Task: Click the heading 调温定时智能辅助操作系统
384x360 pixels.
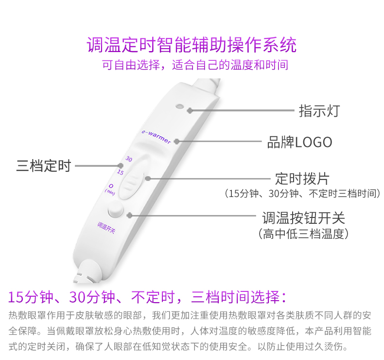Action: pos(192,45)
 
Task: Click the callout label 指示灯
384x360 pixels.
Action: pos(319,110)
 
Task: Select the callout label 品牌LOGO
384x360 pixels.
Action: pos(299,142)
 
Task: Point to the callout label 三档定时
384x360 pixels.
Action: pos(44,166)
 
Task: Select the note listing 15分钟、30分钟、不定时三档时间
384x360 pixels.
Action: pos(302,194)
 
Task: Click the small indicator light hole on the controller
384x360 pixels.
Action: pos(179,105)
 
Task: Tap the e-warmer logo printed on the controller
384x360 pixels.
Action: pos(156,135)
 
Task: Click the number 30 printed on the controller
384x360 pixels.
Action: pos(129,159)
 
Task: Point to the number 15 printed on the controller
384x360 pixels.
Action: pos(121,172)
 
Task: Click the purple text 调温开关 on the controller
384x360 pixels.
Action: pos(106,226)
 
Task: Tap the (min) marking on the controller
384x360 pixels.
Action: pos(110,193)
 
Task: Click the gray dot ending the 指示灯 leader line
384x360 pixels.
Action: pos(190,110)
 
